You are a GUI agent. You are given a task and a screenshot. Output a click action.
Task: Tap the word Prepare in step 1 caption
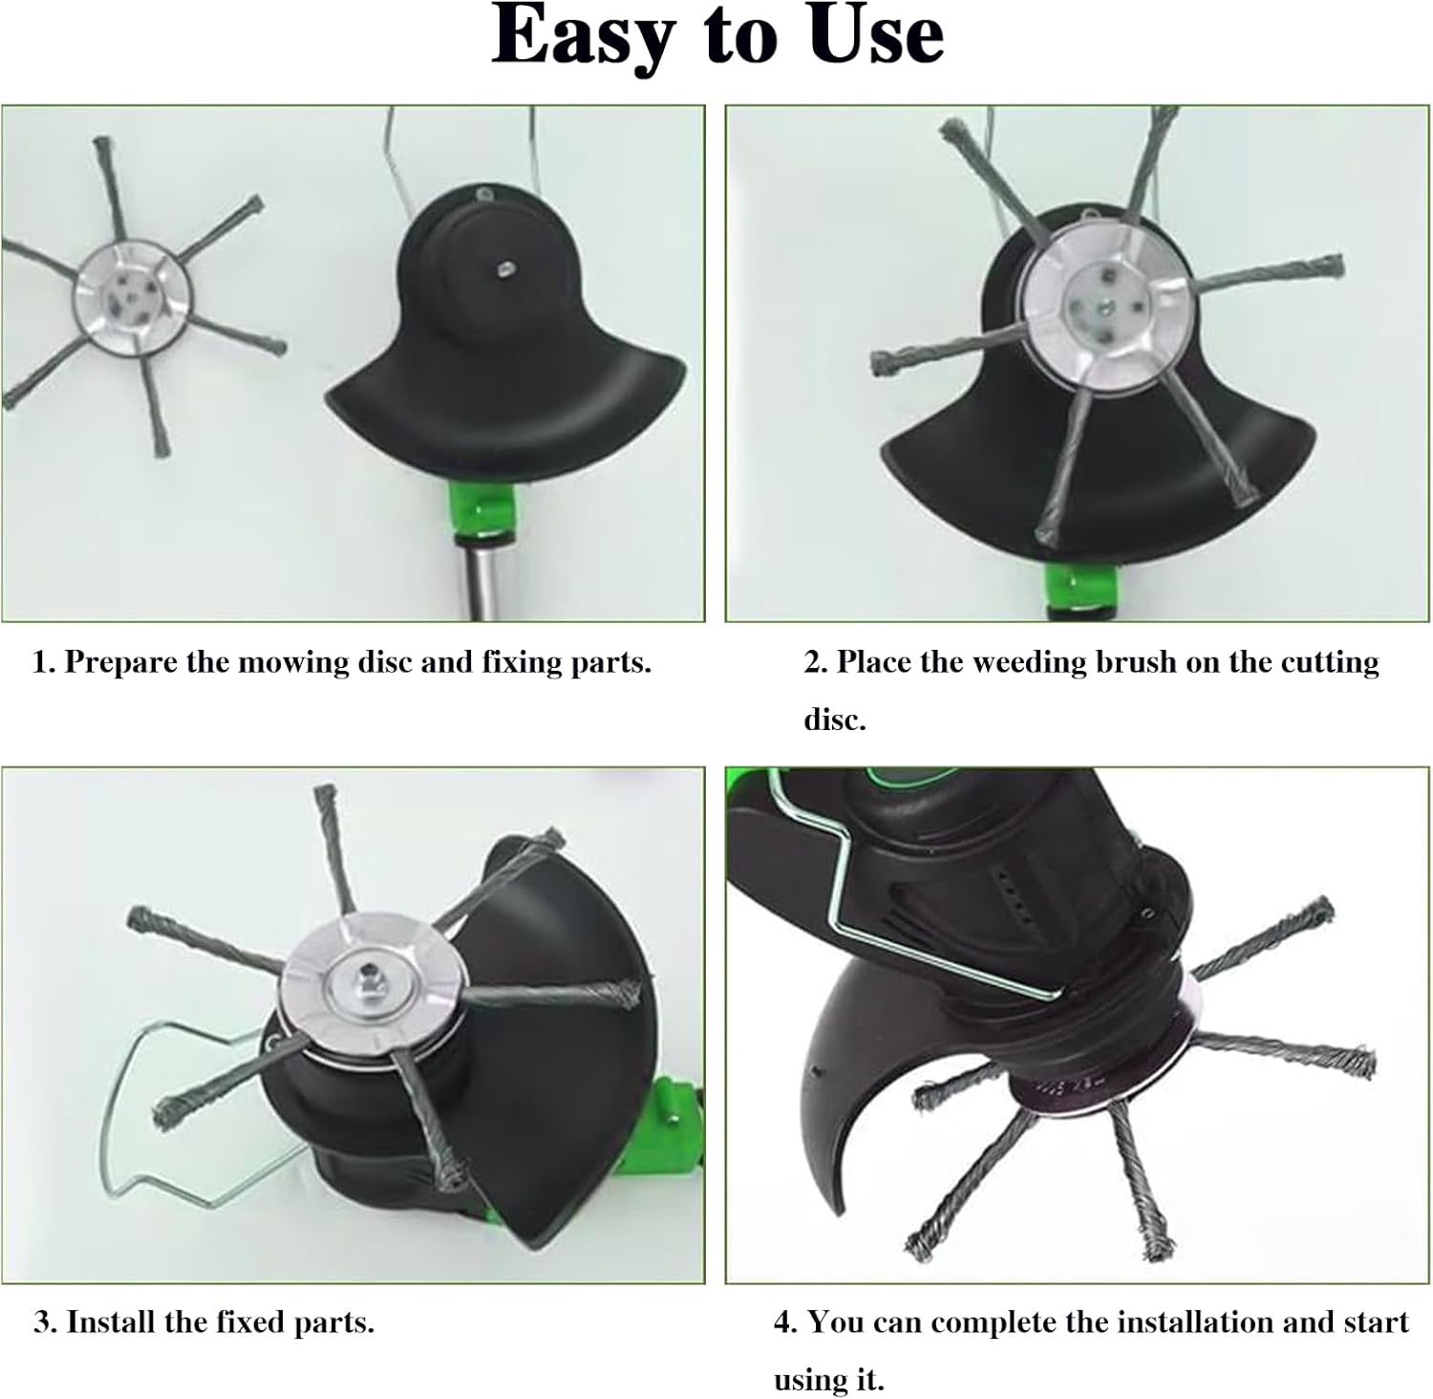[x=122, y=663]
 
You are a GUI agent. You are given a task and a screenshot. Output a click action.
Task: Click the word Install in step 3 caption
[x=112, y=1323]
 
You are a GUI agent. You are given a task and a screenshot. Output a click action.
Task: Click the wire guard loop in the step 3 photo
[x=162, y=1128]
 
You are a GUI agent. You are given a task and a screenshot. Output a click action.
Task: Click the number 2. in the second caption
[x=815, y=663]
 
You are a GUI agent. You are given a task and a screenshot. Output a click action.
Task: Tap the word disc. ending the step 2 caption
[x=834, y=720]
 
